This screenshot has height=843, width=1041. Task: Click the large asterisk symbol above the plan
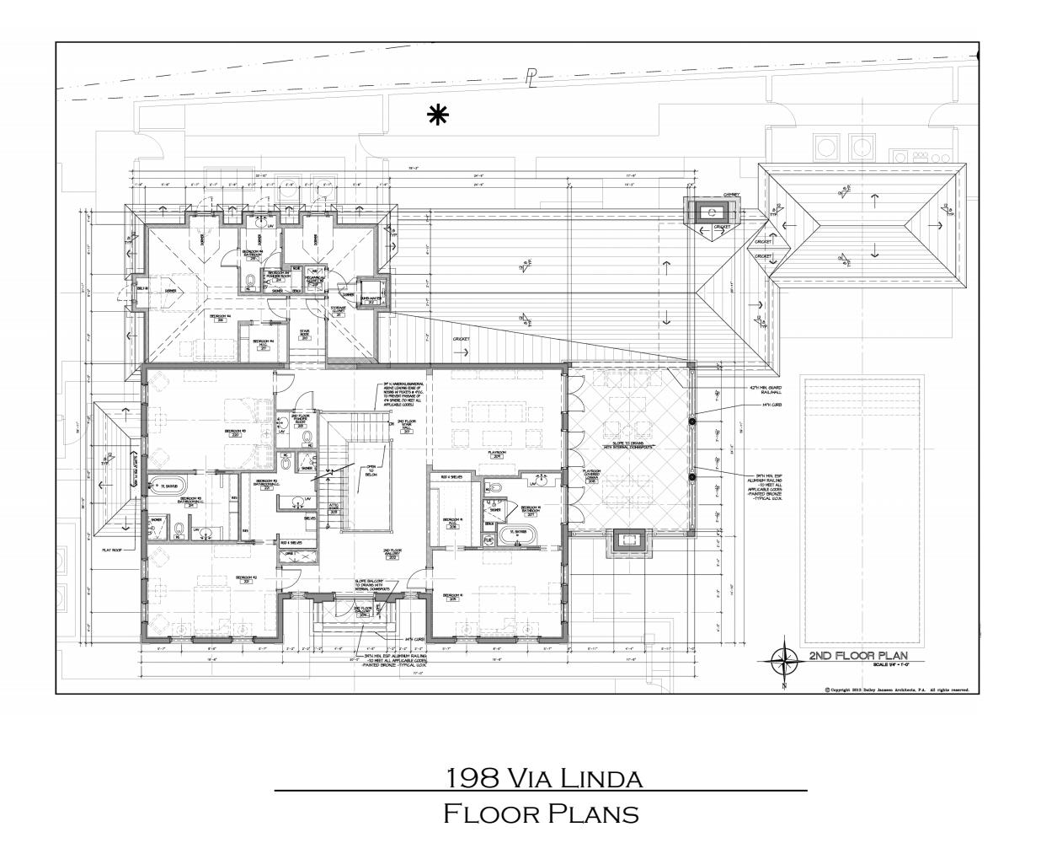pyautogui.click(x=437, y=115)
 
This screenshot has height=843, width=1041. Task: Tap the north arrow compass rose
pyautogui.click(x=786, y=663)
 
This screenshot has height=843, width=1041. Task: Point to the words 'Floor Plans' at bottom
pyautogui.click(x=541, y=814)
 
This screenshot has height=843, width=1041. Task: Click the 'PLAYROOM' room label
pyautogui.click(x=494, y=453)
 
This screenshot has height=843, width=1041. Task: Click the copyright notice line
pyautogui.click(x=897, y=689)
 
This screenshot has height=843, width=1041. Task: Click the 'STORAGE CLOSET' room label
pyautogui.click(x=337, y=309)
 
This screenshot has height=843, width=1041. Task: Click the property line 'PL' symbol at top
pyautogui.click(x=531, y=78)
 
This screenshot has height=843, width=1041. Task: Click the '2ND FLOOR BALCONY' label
pyautogui.click(x=363, y=611)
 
